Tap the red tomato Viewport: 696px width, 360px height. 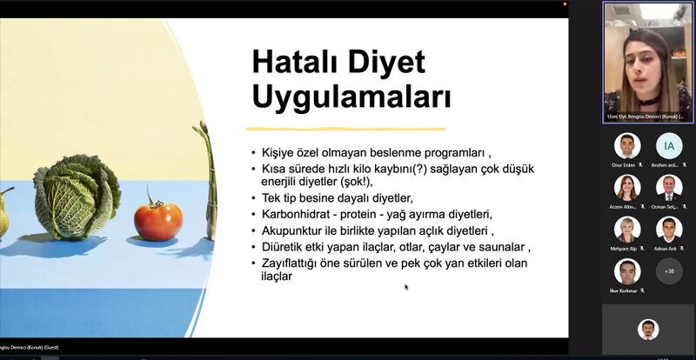[x=157, y=221]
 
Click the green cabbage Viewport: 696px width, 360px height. [x=77, y=197]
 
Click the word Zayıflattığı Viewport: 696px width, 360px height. [x=294, y=263]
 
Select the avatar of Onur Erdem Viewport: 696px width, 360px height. [x=626, y=145]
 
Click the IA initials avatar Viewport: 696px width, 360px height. [x=669, y=145]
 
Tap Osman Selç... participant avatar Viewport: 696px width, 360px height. [x=669, y=187]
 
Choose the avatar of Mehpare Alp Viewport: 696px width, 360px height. [x=626, y=229]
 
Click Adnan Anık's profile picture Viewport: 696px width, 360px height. [x=669, y=229]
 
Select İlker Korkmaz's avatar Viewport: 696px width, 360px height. [x=626, y=270]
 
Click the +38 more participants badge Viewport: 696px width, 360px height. [x=669, y=270]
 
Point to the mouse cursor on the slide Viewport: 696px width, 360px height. [x=406, y=286]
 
